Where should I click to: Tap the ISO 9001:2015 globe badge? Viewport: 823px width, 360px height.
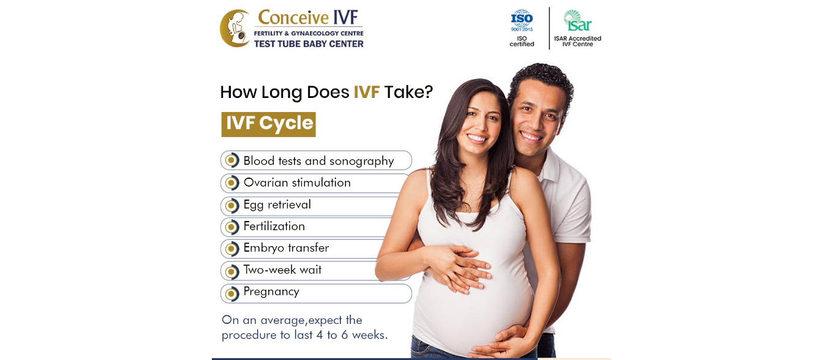click(x=522, y=21)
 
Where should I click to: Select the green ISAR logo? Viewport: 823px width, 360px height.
click(x=577, y=21)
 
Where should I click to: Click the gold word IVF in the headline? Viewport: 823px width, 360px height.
click(x=366, y=92)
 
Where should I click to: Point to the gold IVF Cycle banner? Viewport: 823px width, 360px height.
click(x=269, y=124)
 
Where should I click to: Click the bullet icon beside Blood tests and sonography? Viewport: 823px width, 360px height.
click(x=231, y=160)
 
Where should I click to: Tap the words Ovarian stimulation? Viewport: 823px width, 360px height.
click(x=297, y=182)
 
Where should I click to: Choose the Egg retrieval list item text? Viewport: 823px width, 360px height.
click(x=277, y=205)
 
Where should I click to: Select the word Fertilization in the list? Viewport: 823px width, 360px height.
click(x=274, y=227)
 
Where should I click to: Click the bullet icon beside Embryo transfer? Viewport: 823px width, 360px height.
click(x=231, y=249)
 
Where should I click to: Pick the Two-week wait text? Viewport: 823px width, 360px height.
click(x=282, y=269)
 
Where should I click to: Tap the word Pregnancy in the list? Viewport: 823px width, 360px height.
click(x=271, y=291)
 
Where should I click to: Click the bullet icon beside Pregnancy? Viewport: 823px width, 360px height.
click(x=231, y=294)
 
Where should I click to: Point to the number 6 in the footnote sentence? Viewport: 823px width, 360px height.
click(x=344, y=335)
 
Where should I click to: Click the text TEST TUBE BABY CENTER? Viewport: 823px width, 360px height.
click(x=309, y=43)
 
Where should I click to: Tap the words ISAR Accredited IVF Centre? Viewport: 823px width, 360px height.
click(x=577, y=41)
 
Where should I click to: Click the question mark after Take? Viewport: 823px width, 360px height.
click(x=429, y=92)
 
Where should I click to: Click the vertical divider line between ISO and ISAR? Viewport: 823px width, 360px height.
click(x=549, y=28)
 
